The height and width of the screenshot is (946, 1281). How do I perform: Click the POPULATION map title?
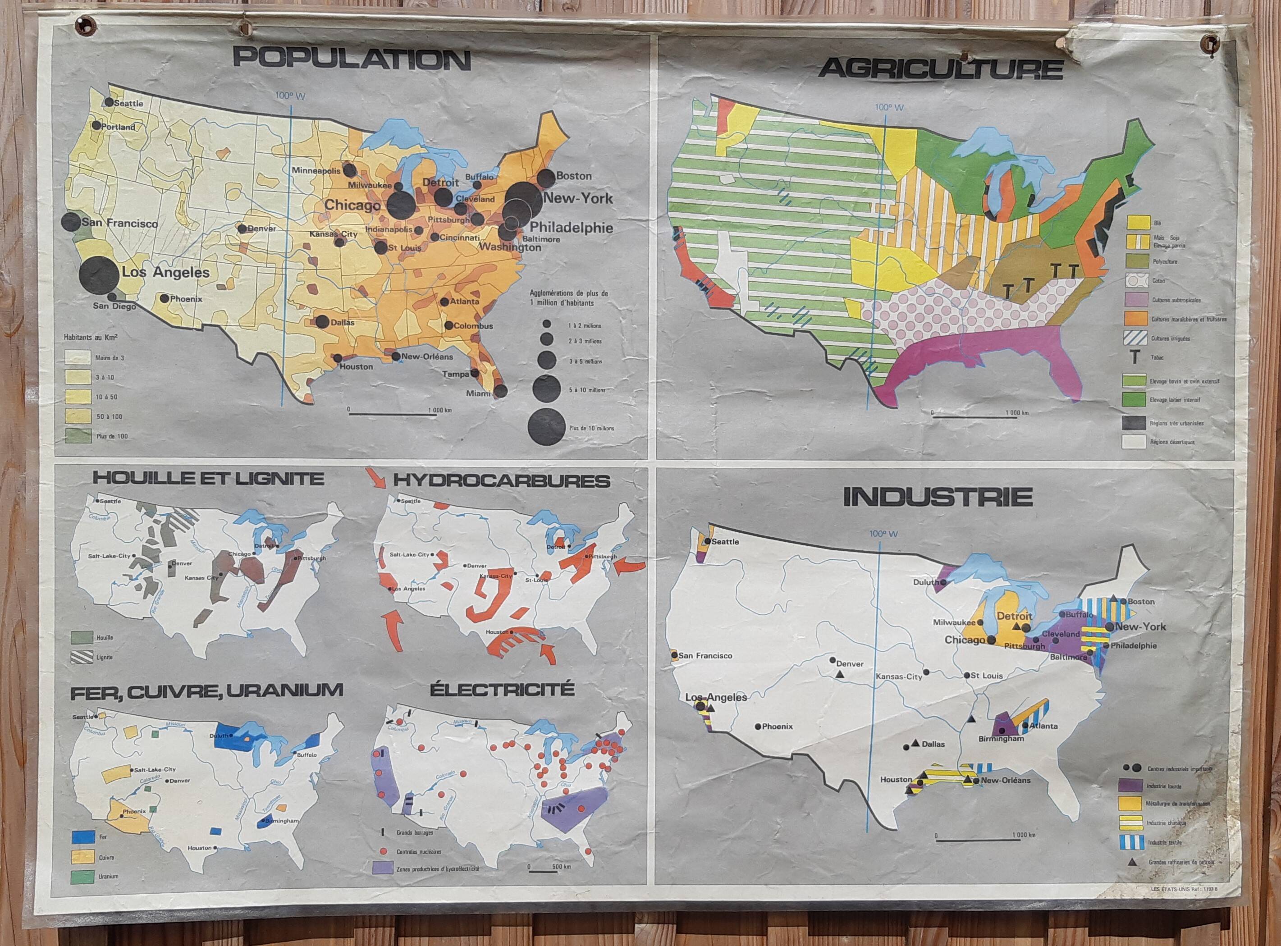352,59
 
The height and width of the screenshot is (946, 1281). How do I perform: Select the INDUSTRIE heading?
938,497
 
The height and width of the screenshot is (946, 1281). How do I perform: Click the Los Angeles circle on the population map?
99,274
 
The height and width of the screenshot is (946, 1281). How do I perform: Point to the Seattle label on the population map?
128,104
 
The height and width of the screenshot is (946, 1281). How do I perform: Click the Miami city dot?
500,391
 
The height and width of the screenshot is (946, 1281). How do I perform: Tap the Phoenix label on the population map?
186,299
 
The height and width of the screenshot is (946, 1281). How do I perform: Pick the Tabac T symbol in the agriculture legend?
1135,358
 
